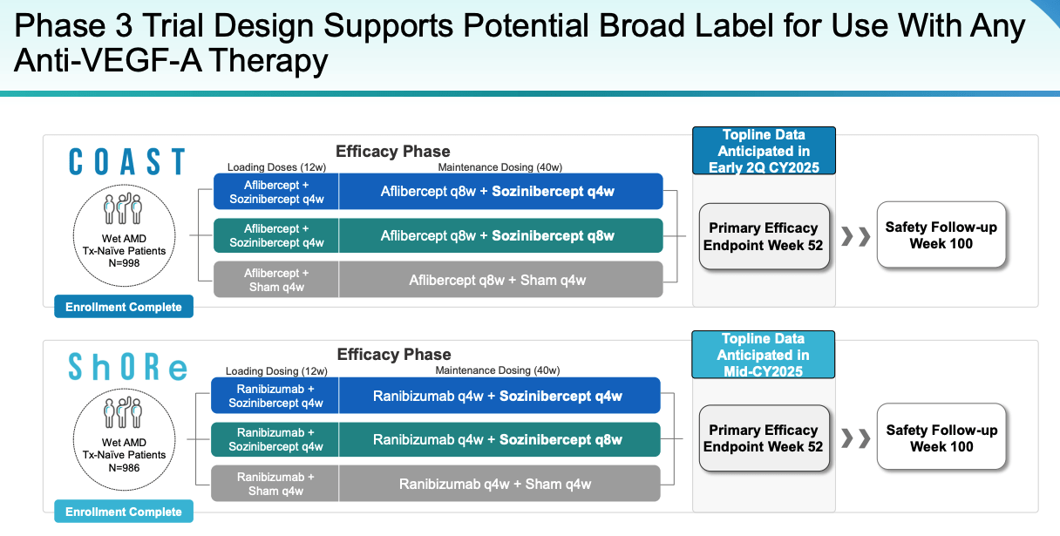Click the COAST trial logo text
click(126, 163)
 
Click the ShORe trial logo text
click(127, 367)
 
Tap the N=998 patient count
click(123, 263)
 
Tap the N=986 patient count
click(123, 467)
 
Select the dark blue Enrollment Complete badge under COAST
click(123, 307)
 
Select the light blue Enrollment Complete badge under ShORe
click(123, 512)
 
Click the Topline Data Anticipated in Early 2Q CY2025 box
click(764, 151)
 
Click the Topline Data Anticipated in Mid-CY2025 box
click(763, 355)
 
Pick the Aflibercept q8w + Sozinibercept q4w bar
click(498, 192)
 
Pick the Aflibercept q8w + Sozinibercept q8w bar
click(498, 235)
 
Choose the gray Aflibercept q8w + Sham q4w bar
click(498, 280)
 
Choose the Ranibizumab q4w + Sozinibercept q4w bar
click(498, 396)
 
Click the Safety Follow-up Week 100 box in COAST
click(941, 235)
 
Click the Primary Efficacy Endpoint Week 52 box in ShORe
click(764, 438)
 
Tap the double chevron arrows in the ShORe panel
click(855, 438)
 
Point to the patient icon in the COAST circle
click(123, 211)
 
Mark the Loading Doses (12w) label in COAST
click(275, 166)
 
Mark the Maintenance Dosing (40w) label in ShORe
click(498, 370)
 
